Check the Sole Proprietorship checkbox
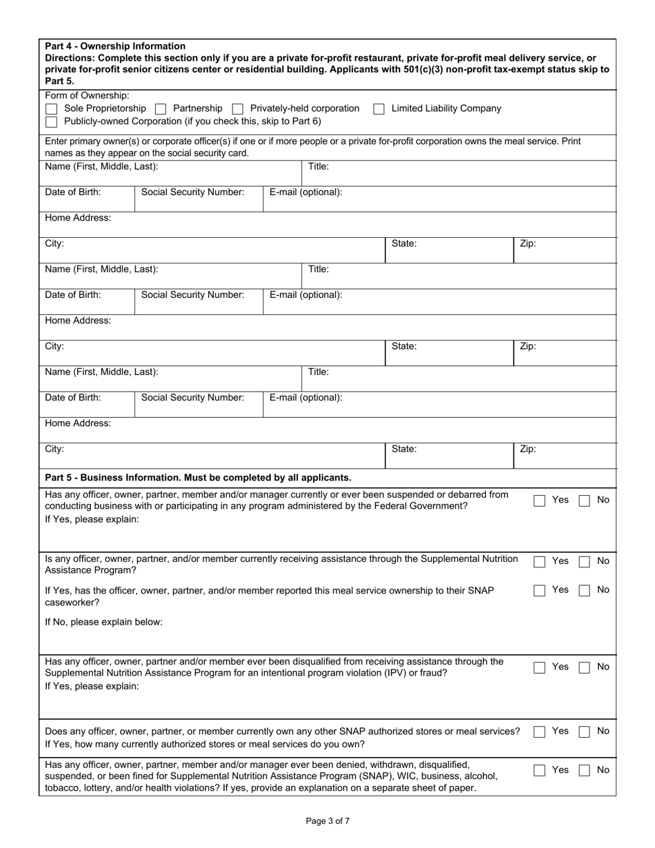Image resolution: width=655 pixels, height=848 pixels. [x=51, y=109]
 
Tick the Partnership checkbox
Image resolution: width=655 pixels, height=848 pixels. [x=161, y=109]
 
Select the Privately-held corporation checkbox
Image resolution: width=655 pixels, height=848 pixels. [x=238, y=109]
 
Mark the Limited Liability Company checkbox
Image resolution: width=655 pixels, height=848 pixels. [x=379, y=109]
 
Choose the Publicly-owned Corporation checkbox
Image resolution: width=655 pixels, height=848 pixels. [x=51, y=121]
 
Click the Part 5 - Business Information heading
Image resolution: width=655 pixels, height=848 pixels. [x=198, y=477]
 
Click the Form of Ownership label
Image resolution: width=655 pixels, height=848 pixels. [x=87, y=96]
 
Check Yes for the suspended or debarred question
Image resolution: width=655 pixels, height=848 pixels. [x=540, y=501]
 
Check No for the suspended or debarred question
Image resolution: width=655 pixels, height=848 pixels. [x=584, y=501]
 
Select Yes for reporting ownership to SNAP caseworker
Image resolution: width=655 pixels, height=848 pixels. [x=540, y=591]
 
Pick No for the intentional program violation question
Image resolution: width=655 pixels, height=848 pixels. [x=584, y=667]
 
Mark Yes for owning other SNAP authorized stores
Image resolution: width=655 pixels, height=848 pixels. [x=540, y=732]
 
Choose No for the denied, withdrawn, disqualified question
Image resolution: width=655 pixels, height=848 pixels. [x=584, y=771]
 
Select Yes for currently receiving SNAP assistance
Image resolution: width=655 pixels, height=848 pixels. [x=540, y=563]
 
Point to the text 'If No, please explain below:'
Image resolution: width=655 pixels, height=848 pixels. [x=103, y=622]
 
